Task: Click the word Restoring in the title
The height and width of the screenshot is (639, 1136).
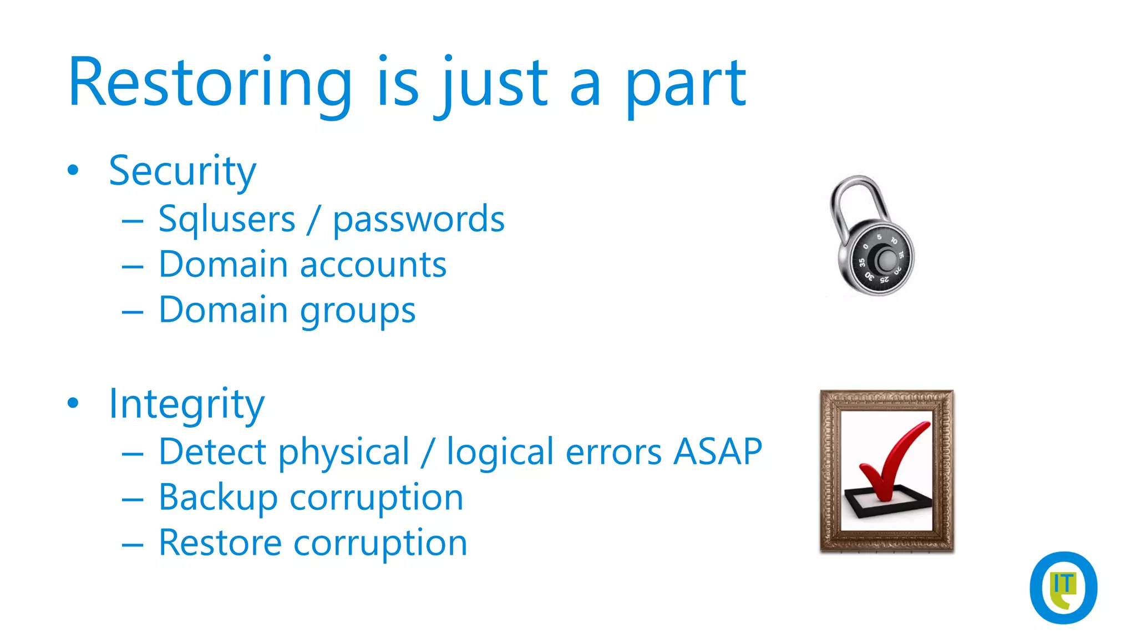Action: (x=210, y=83)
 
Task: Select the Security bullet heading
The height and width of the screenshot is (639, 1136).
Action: (x=182, y=171)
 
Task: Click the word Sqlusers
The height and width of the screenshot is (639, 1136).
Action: (x=227, y=219)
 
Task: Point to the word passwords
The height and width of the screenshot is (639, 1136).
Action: (x=419, y=219)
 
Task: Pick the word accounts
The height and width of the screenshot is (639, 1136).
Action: (x=373, y=265)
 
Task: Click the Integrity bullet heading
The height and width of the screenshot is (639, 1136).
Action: (x=186, y=404)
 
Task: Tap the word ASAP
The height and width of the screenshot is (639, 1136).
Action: (x=718, y=452)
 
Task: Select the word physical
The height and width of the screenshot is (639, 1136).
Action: (x=344, y=453)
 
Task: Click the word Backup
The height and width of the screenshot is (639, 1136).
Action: (x=218, y=498)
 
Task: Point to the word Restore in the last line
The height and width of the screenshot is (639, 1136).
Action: (x=220, y=542)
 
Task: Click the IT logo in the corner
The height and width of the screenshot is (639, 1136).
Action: (x=1063, y=587)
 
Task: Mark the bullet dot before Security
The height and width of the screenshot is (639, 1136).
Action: (x=73, y=170)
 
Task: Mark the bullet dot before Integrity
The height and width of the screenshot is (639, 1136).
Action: (x=73, y=403)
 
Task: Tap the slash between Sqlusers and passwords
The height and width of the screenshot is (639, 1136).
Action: (x=314, y=219)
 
